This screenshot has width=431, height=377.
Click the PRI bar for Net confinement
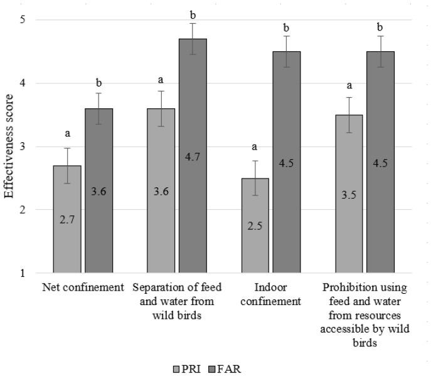[67, 219]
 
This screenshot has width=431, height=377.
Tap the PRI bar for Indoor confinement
[255, 225]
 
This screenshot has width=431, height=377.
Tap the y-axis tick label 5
[22, 20]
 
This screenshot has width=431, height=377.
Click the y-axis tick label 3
[22, 147]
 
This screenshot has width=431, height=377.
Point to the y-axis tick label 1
[22, 273]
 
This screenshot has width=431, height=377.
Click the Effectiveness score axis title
[9, 147]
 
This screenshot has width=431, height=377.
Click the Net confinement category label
[83, 288]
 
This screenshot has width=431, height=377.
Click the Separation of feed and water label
[178, 294]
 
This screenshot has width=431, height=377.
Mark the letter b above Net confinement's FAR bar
[99, 83]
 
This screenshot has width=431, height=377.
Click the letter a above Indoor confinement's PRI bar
[255, 147]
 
